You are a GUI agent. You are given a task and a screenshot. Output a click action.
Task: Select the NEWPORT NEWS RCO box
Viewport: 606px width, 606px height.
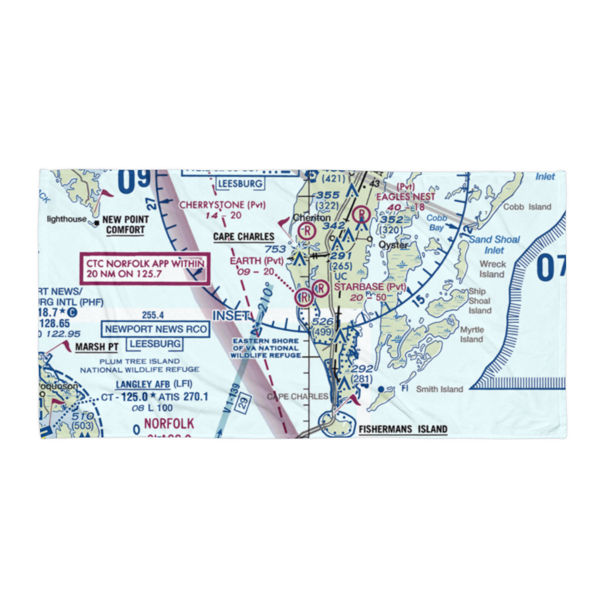click(x=156, y=330)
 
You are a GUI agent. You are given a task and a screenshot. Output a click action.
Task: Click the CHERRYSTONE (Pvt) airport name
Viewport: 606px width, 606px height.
click(x=222, y=205)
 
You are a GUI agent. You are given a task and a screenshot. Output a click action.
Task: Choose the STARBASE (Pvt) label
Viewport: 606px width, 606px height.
click(x=370, y=287)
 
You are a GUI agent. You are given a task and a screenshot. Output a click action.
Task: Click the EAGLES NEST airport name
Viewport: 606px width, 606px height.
click(x=406, y=197)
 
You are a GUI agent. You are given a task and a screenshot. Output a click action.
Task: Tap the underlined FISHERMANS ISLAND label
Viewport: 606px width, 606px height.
click(x=402, y=430)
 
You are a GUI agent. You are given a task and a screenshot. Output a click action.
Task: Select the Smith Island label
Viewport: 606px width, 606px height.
click(x=439, y=389)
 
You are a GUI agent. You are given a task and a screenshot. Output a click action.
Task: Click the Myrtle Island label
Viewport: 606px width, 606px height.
click(x=472, y=335)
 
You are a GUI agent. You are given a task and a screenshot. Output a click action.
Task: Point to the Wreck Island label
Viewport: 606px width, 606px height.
click(x=492, y=269)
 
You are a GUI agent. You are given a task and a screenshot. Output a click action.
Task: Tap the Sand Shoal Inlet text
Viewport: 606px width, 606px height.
click(x=494, y=244)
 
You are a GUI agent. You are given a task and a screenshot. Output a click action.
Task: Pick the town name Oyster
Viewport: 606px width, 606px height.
click(x=393, y=245)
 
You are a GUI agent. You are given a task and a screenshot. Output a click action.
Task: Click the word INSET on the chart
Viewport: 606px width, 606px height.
click(x=230, y=316)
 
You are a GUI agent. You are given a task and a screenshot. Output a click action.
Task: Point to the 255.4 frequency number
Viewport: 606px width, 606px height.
click(x=153, y=315)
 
